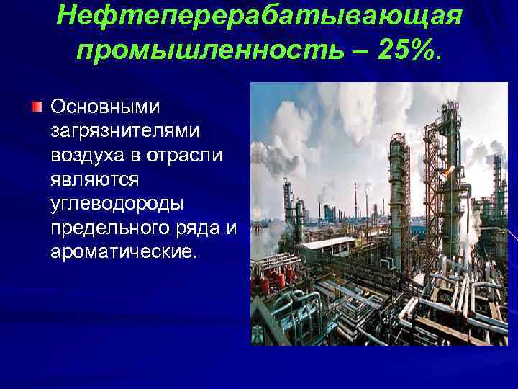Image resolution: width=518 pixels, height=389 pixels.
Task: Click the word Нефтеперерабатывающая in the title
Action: (258, 16)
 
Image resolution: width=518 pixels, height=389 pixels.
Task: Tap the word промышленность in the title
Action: (196, 50)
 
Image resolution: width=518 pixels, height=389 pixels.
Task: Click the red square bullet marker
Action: (37, 107)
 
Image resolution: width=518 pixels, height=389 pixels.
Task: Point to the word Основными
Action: (106, 107)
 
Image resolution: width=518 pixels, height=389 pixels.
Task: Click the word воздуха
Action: (87, 156)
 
